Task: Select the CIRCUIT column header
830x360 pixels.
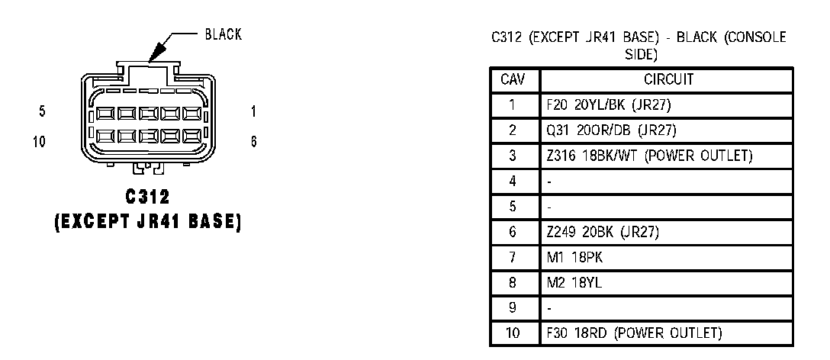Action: (668, 79)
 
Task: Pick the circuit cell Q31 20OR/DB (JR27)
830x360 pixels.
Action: (611, 130)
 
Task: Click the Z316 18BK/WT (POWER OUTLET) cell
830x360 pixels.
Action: (649, 156)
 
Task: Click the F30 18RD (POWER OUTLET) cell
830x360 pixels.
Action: (634, 333)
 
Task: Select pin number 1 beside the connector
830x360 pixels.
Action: (253, 112)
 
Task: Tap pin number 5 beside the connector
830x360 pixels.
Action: (42, 112)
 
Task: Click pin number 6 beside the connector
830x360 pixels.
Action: (253, 141)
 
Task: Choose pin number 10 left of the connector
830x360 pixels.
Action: (40, 141)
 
